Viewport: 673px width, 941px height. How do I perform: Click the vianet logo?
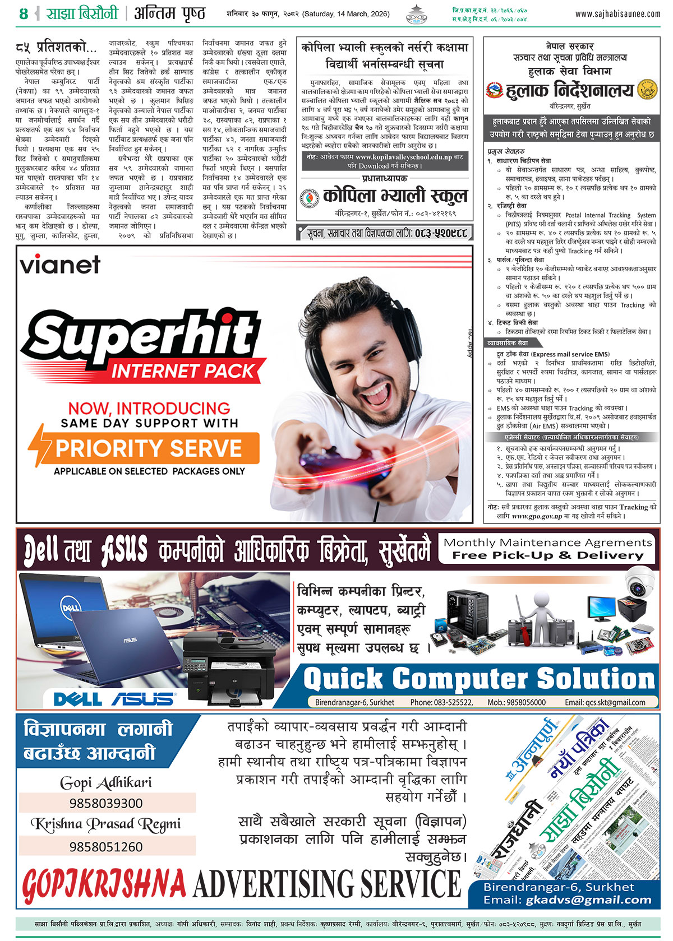61,265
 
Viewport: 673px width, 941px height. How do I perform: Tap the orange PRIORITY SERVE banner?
144,448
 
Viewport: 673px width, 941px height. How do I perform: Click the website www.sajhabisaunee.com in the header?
617,14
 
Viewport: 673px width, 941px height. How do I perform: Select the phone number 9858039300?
107,803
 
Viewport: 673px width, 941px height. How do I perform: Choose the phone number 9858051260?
107,846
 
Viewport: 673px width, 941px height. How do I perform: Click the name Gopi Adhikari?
106,783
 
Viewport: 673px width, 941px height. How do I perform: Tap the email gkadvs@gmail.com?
589,900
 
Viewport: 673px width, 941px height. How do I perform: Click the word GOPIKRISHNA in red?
104,884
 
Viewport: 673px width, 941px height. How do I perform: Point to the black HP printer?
230,667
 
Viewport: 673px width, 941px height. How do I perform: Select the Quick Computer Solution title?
479,679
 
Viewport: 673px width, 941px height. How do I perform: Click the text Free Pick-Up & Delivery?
548,555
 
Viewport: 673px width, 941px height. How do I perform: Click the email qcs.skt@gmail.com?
615,702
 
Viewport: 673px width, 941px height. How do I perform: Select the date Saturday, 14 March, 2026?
346,14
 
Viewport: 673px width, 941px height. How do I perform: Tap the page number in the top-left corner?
23,14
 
